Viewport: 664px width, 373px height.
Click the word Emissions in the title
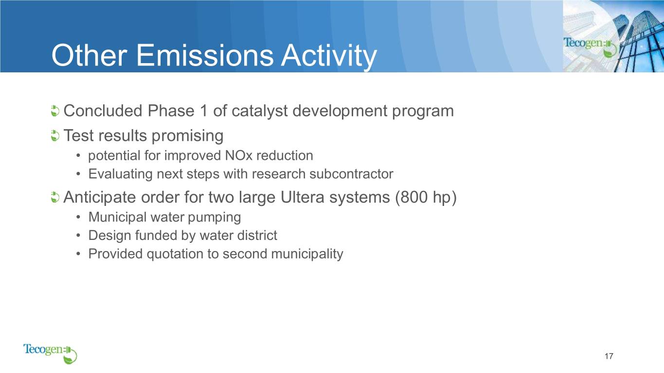(x=205, y=55)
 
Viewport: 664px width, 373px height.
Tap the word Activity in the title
(x=329, y=57)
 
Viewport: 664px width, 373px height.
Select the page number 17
(x=609, y=356)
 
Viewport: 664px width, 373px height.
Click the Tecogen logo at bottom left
(x=50, y=354)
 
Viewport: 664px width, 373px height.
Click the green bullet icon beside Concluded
(x=55, y=111)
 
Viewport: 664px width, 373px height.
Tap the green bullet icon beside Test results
(x=55, y=136)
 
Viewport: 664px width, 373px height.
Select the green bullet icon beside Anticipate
(x=55, y=197)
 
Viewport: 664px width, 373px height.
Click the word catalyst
(x=259, y=112)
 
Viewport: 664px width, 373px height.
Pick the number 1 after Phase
(x=204, y=111)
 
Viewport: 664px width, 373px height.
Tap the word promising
(x=187, y=136)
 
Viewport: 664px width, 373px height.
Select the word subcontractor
(x=351, y=174)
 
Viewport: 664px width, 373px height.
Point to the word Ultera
(x=303, y=197)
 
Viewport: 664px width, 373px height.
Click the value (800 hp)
(x=426, y=198)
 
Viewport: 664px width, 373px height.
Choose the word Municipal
(x=117, y=218)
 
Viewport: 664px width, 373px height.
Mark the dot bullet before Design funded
(x=78, y=236)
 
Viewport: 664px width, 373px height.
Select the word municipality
(x=307, y=254)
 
